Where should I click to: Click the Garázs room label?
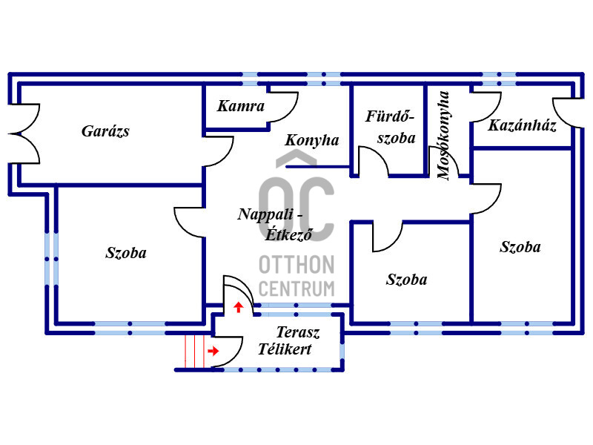tap(105, 132)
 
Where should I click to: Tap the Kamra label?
tap(240, 106)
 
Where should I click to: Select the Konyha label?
tap(311, 140)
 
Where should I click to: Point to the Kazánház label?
tap(522, 125)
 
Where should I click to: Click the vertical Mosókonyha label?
tap(443, 135)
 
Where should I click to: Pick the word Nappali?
tap(265, 214)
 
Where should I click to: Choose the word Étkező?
tap(289, 234)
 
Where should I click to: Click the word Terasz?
tap(298, 332)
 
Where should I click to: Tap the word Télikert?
tap(285, 349)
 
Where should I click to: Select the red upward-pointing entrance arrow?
tap(238, 307)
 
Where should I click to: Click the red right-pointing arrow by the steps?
tap(213, 351)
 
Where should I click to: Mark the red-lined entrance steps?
tap(194, 351)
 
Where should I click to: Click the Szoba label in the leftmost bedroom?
tap(126, 253)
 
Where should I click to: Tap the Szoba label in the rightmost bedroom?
tap(520, 247)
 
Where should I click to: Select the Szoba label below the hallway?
tap(406, 280)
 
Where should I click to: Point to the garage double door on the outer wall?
tap(24, 133)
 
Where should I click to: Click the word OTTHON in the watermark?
tap(296, 265)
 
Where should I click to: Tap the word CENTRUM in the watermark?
tap(296, 289)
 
